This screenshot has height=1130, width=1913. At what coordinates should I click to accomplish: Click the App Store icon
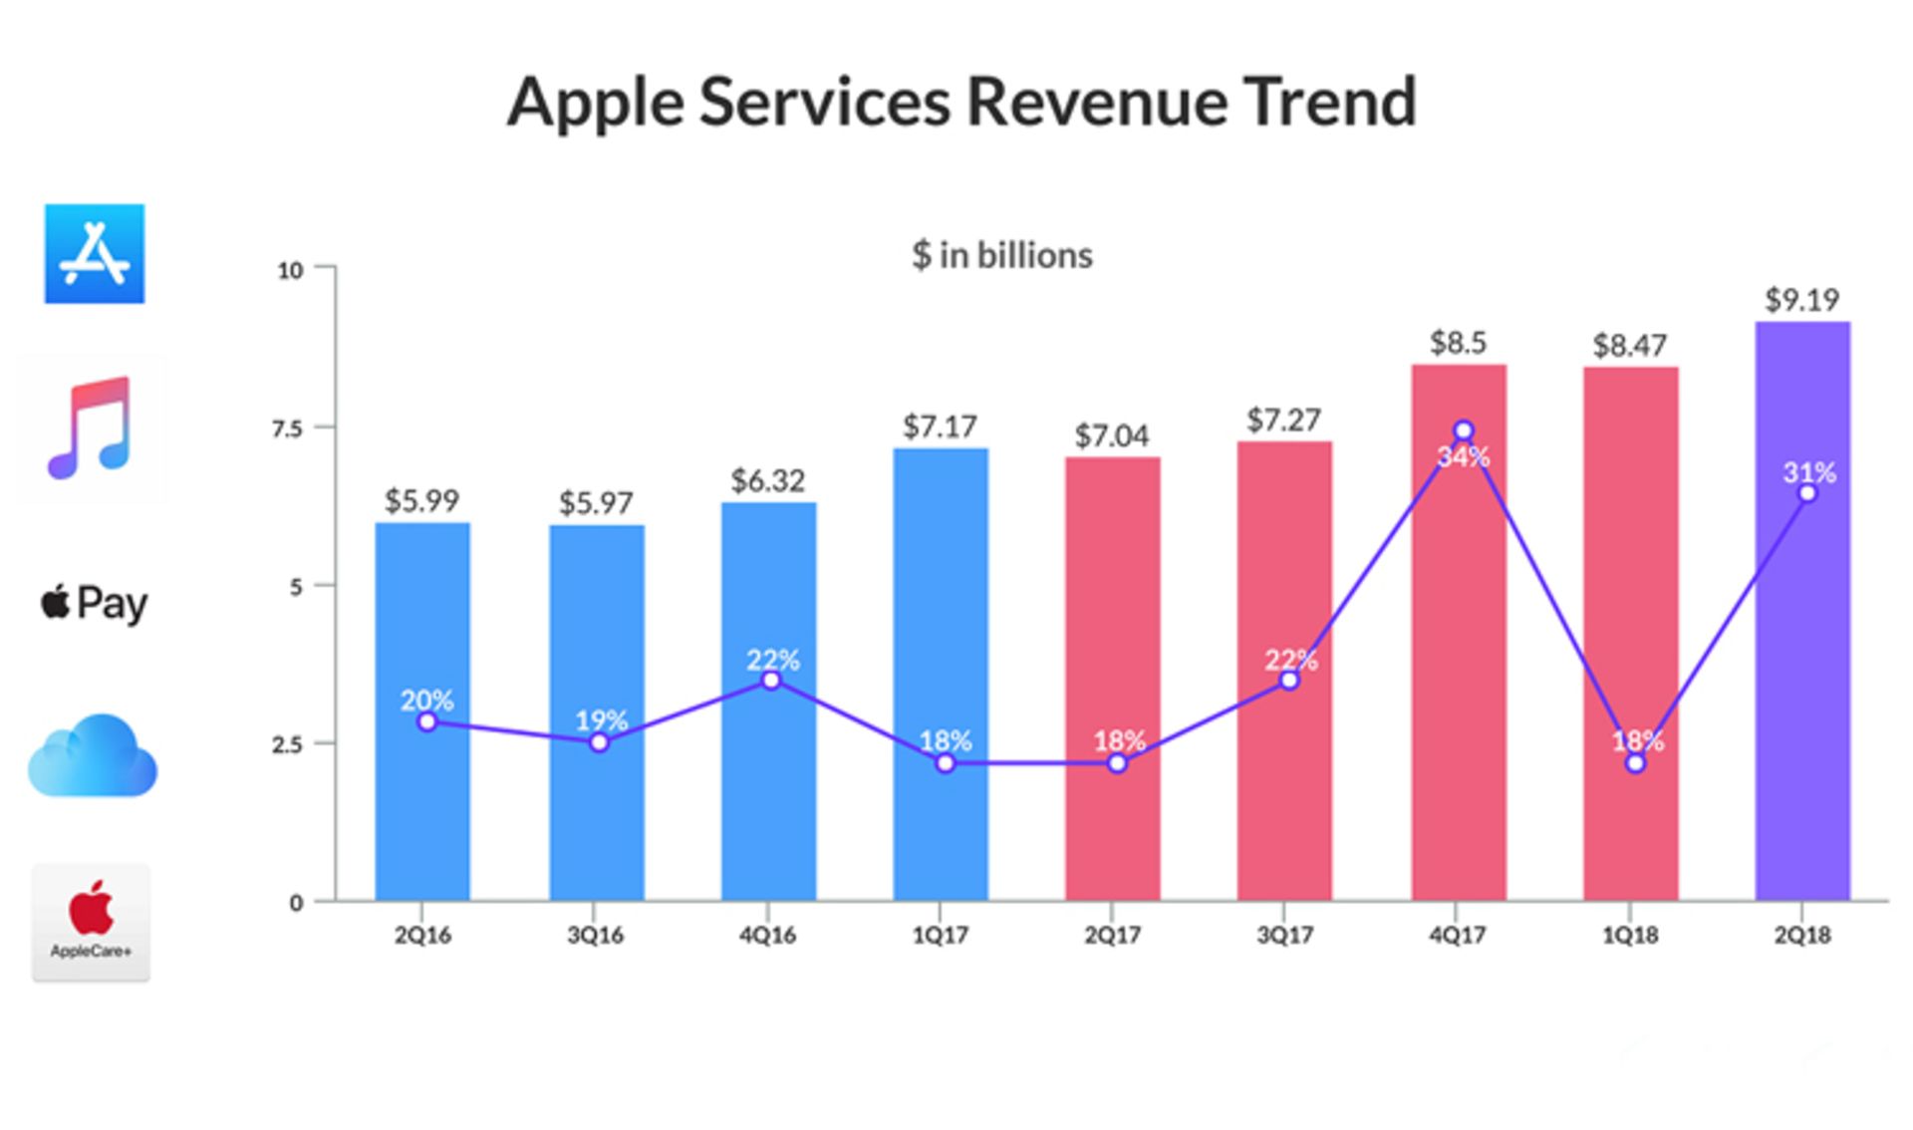pyautogui.click(x=95, y=254)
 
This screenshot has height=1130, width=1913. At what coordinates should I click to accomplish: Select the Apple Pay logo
pyautogui.click(x=94, y=604)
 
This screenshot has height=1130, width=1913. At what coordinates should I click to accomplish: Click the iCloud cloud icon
pyautogui.click(x=93, y=757)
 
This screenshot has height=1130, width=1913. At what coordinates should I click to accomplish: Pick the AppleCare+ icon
pyautogui.click(x=92, y=923)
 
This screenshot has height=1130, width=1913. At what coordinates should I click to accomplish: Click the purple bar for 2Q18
pyautogui.click(x=1801, y=698)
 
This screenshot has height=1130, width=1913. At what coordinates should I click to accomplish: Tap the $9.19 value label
pyautogui.click(x=1801, y=300)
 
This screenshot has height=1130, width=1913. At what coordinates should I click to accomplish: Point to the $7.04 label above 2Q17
pyautogui.click(x=1112, y=435)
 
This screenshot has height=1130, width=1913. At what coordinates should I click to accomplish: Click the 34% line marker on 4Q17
pyautogui.click(x=1463, y=431)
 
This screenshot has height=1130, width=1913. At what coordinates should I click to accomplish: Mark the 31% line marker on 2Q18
pyautogui.click(x=1807, y=494)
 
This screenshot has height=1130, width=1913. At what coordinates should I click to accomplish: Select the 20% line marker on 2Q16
pyautogui.click(x=427, y=722)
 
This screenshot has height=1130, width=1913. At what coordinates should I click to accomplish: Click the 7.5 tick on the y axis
pyautogui.click(x=288, y=428)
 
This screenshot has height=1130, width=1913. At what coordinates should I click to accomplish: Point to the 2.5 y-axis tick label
pyautogui.click(x=288, y=744)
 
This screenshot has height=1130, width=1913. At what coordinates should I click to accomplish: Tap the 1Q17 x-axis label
pyautogui.click(x=940, y=936)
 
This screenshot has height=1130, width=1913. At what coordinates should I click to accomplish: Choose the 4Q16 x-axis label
pyautogui.click(x=767, y=936)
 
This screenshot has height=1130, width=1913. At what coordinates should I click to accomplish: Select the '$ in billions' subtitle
pyautogui.click(x=1001, y=256)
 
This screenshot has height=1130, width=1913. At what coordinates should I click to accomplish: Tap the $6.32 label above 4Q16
pyautogui.click(x=767, y=480)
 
